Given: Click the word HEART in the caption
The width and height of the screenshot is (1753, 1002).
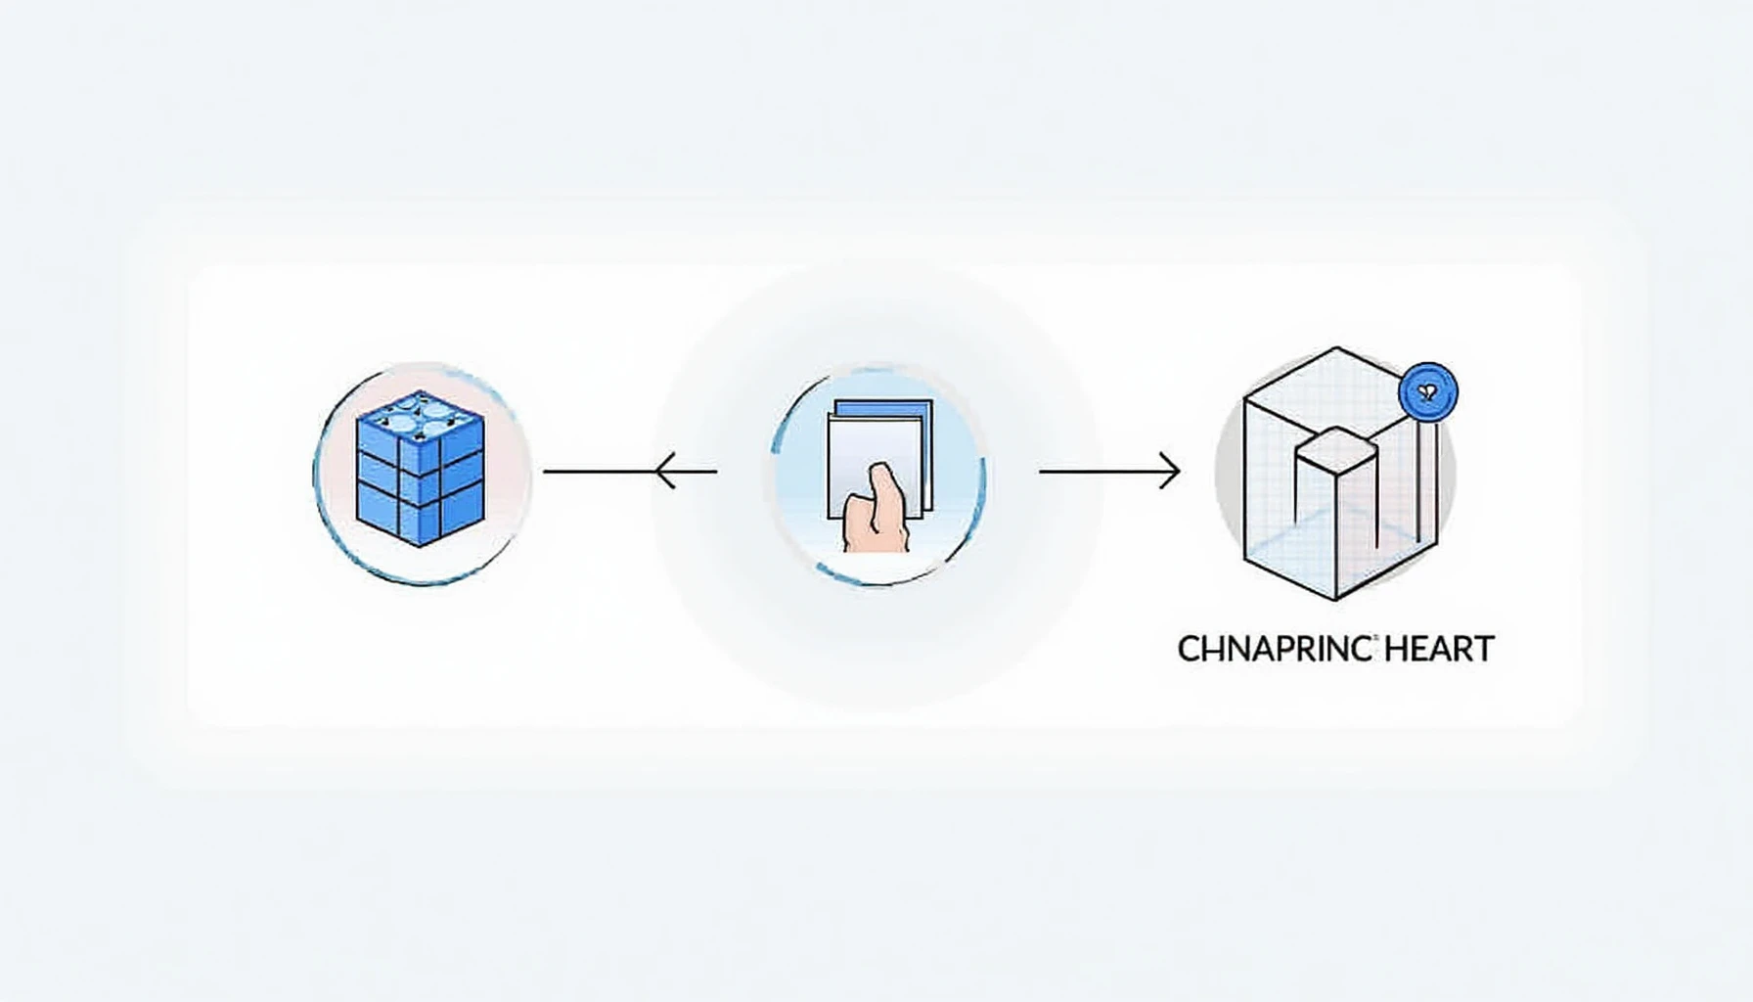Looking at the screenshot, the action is pyautogui.click(x=1441, y=649).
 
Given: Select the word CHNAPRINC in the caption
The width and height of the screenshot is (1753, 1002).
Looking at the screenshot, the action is pyautogui.click(x=1275, y=649).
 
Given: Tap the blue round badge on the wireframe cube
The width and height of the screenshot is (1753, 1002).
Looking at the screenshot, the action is pyautogui.click(x=1428, y=392).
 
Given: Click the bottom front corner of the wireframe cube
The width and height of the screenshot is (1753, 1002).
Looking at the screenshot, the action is pyautogui.click(x=1336, y=599).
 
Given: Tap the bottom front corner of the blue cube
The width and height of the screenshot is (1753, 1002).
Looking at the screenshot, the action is pyautogui.click(x=420, y=545).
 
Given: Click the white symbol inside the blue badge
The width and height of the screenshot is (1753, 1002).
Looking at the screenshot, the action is pyautogui.click(x=1428, y=393).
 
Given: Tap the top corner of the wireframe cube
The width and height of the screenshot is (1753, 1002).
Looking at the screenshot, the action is pyautogui.click(x=1337, y=347).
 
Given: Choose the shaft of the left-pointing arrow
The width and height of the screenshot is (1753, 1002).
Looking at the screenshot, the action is pyautogui.click(x=631, y=472).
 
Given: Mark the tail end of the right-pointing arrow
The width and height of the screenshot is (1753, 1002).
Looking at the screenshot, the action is pyautogui.click(x=1041, y=472).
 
